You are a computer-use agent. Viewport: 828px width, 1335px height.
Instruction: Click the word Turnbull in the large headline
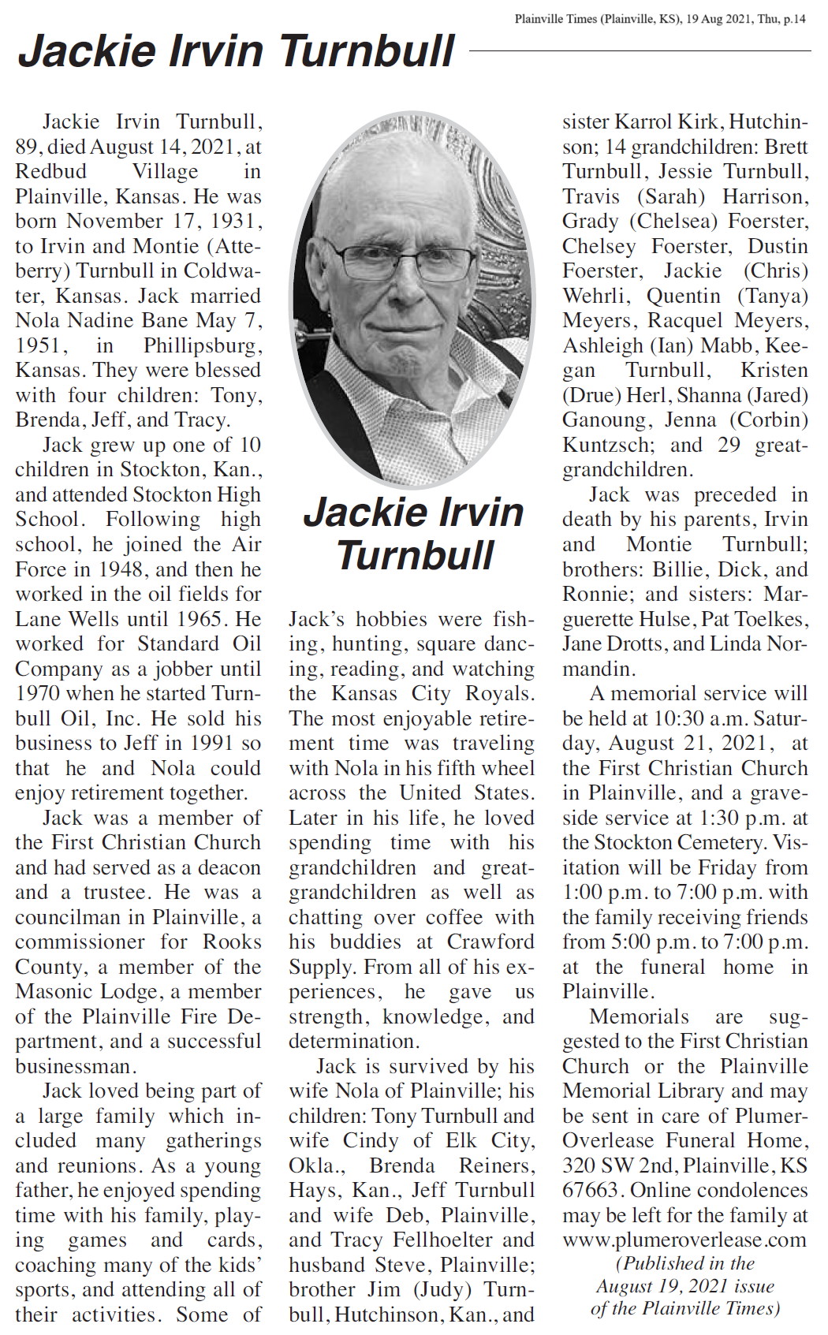(367, 51)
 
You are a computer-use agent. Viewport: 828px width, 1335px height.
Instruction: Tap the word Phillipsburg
(202, 346)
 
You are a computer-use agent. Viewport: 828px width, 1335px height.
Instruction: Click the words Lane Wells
(66, 619)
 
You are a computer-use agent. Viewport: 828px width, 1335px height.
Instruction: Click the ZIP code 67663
(591, 1191)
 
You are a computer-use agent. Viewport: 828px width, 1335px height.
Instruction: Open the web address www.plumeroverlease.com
(684, 1240)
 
